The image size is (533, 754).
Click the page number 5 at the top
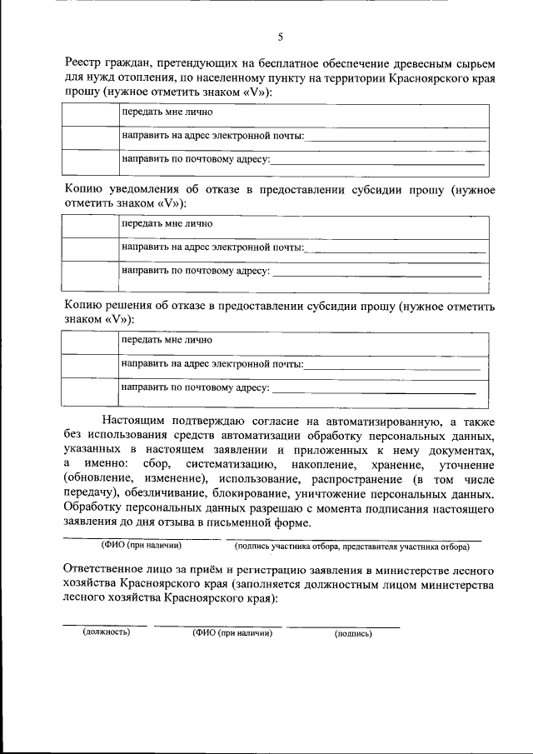pyautogui.click(x=280, y=37)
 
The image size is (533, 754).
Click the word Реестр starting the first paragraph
pyautogui.click(x=86, y=64)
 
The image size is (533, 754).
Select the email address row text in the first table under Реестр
pyautogui.click(x=212, y=135)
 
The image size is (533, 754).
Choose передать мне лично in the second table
pyautogui.click(x=167, y=223)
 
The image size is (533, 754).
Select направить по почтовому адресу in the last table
pyautogui.click(x=196, y=387)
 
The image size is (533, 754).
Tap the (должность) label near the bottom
pyautogui.click(x=106, y=632)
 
